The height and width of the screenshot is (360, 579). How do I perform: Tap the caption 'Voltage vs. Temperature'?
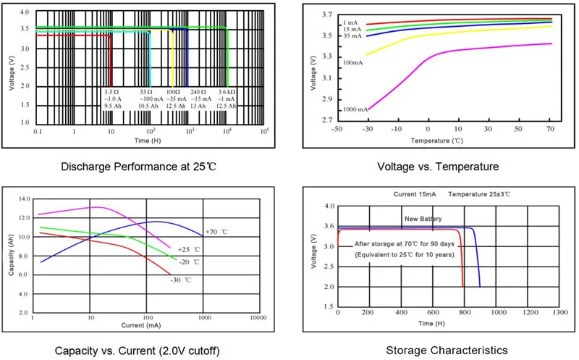(x=438, y=167)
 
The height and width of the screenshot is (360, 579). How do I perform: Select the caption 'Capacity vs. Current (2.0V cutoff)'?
(x=138, y=351)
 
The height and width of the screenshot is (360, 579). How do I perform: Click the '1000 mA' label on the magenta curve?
(x=355, y=109)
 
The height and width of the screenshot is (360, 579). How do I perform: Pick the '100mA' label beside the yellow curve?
(x=352, y=62)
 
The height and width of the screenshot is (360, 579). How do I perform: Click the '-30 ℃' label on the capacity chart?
(x=182, y=280)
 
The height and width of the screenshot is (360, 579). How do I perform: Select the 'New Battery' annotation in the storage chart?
(x=423, y=218)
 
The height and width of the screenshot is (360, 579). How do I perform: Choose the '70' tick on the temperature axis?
(x=551, y=129)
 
